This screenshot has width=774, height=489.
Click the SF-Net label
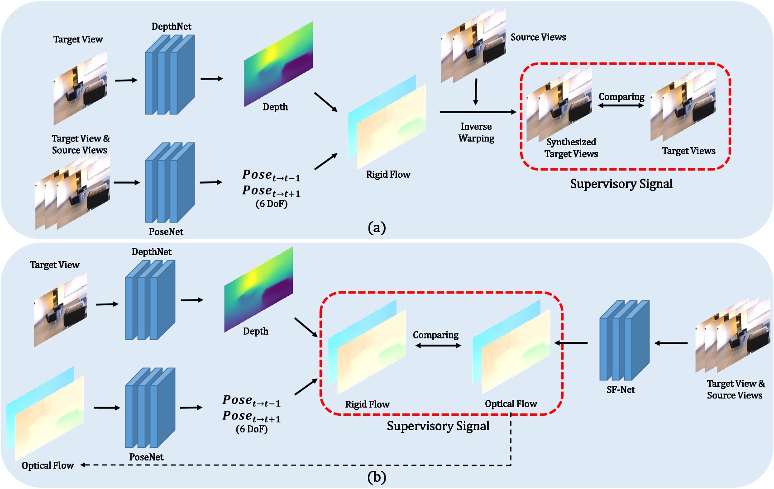tap(621, 389)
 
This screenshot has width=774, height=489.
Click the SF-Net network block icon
tap(624, 340)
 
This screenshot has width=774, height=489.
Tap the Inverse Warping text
tap(476, 132)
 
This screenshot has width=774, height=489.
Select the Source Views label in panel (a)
tap(538, 37)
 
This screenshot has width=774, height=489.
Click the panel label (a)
tap(377, 227)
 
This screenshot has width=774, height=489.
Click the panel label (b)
tap(377, 477)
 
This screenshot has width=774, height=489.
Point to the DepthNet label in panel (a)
tap(171, 26)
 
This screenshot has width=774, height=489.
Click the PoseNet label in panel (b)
tap(146, 457)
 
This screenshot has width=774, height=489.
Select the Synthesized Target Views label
tap(571, 148)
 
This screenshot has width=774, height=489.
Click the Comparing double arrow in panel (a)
tap(621, 105)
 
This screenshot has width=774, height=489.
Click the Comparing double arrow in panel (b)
tap(438, 346)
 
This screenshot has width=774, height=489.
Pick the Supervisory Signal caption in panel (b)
tap(438, 426)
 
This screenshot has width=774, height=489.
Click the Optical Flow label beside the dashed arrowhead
tap(48, 465)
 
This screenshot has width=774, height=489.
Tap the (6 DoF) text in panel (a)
tap(272, 204)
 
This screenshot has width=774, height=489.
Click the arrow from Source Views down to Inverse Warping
tap(475, 92)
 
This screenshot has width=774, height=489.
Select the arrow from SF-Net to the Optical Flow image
tap(571, 343)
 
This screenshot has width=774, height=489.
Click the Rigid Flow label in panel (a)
tap(388, 175)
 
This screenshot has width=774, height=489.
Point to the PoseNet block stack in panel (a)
tap(170, 182)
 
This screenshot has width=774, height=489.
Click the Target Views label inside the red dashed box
tap(688, 151)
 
